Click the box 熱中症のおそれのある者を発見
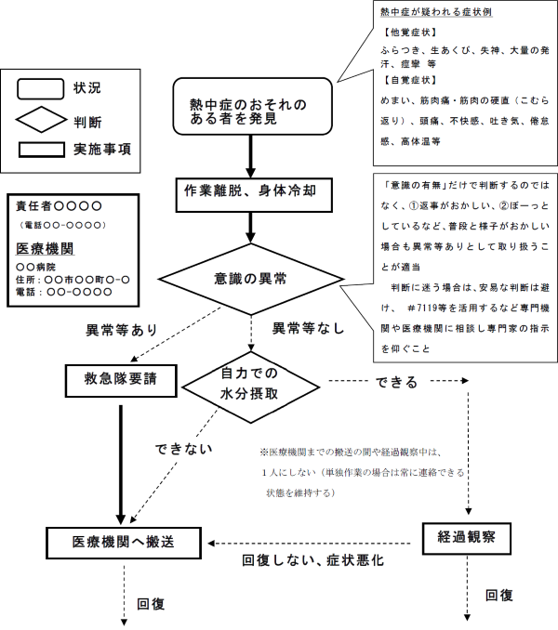tap(252, 106)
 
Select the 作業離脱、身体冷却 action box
tap(254, 195)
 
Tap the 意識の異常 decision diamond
tap(251, 279)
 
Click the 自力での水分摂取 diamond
tap(251, 387)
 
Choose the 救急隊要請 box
tap(121, 380)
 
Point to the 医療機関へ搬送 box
tap(124, 543)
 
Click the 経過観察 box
tap(467, 538)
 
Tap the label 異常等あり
tap(122, 330)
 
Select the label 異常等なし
tap(309, 328)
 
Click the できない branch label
tap(184, 449)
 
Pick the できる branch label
tap(397, 382)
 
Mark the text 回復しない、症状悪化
tap(312, 560)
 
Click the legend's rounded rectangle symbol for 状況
tap(40, 89)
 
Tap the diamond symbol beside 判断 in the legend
tap(41, 120)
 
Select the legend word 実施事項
tap(102, 150)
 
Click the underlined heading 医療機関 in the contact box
tap(45, 249)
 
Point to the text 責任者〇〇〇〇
tap(59, 206)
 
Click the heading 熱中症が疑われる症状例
tap(436, 12)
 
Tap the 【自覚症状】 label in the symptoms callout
tap(409, 80)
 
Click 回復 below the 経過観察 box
tap(498, 595)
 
